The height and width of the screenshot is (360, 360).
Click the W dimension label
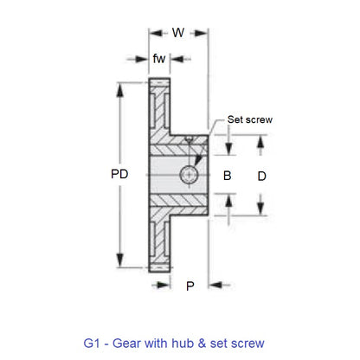click(178, 33)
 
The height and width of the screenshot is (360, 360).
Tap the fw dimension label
click(158, 59)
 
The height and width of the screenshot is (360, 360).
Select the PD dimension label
click(120, 175)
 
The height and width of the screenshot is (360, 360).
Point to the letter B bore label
click(228, 176)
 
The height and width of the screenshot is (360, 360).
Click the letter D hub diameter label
click(262, 176)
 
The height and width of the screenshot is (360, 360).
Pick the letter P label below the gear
click(190, 286)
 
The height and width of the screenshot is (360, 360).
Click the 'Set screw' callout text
click(249, 119)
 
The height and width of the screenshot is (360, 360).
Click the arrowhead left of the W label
click(154, 34)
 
